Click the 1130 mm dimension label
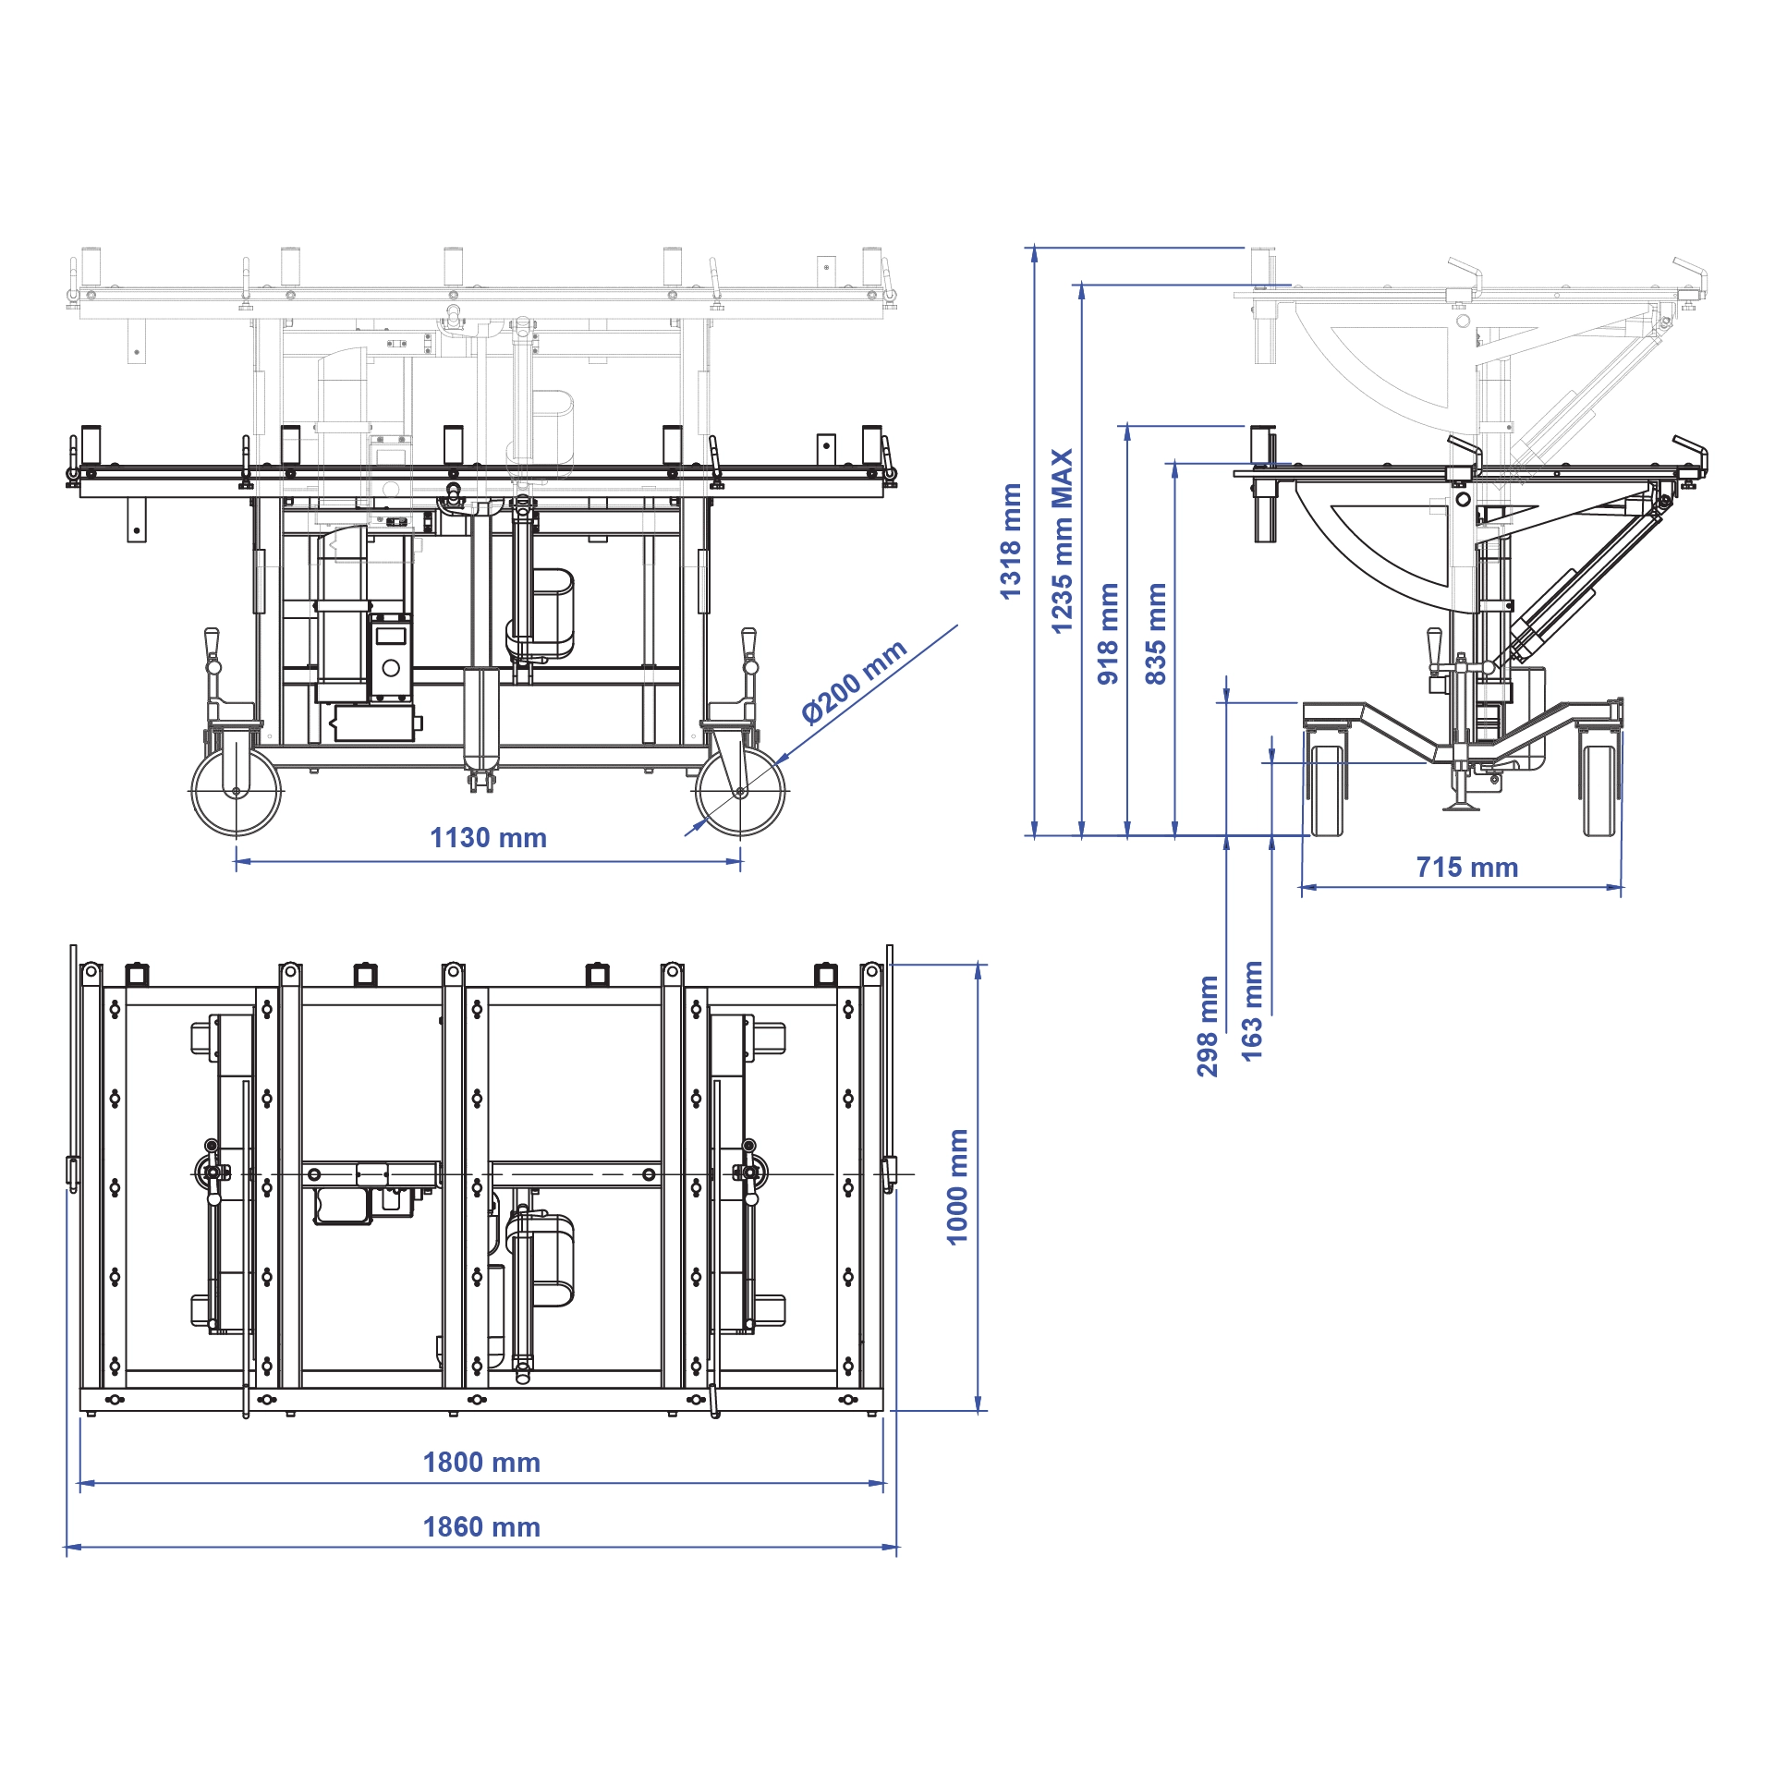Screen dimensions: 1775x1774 tap(488, 838)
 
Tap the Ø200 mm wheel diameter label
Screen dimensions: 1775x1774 tap(855, 682)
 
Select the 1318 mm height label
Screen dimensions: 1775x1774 tap(1011, 541)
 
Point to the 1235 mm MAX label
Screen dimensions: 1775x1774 tap(1063, 541)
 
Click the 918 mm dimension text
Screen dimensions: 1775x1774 tap(1108, 634)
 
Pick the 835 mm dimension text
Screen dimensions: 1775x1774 tap(1155, 634)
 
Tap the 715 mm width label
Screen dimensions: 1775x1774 tap(1467, 868)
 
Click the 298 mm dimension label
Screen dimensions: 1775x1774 tap(1208, 1027)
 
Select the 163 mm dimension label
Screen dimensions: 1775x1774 tap(1252, 1012)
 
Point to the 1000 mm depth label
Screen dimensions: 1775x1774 tap(957, 1187)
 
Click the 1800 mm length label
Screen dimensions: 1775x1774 tap(481, 1463)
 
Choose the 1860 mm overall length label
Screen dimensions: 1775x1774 tap(481, 1527)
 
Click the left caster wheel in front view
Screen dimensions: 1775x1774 tap(236, 792)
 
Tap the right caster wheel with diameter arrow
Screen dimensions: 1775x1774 tap(740, 792)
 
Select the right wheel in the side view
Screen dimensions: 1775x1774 tap(1600, 791)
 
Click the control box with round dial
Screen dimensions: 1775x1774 tap(390, 659)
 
